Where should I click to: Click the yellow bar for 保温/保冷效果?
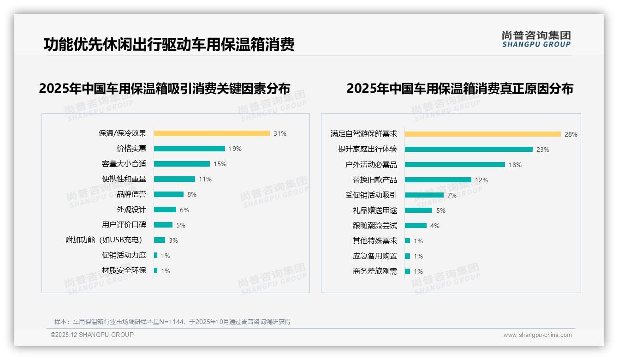click(x=212, y=133)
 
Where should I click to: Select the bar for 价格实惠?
click(x=190, y=149)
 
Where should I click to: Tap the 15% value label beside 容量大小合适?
click(x=220, y=164)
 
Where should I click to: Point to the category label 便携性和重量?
click(x=124, y=179)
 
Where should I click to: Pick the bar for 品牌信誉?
click(x=169, y=194)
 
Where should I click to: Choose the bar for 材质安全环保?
click(x=156, y=270)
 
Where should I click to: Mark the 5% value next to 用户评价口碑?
click(x=181, y=225)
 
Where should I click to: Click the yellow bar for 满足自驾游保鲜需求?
click(x=483, y=134)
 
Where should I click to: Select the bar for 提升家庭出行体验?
click(x=469, y=150)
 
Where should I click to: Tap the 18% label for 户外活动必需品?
click(x=515, y=165)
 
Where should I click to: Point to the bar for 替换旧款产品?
click(x=438, y=180)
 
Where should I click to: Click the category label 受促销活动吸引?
click(x=371, y=195)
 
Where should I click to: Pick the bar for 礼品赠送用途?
click(x=419, y=210)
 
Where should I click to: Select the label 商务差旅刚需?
click(x=375, y=271)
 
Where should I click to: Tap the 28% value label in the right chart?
click(x=571, y=134)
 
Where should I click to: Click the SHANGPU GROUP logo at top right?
click(x=536, y=39)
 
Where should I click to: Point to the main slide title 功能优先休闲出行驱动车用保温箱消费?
click(x=169, y=45)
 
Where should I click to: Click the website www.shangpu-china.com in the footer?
click(x=537, y=335)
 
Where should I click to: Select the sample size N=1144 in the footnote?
click(x=174, y=322)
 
